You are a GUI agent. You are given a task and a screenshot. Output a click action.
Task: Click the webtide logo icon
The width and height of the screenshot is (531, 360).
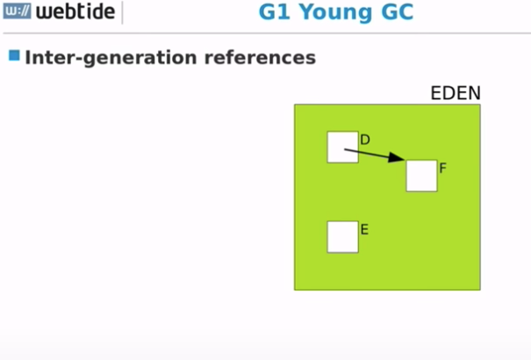[18, 13]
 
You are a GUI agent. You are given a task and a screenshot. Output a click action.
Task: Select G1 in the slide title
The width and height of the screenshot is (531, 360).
[276, 13]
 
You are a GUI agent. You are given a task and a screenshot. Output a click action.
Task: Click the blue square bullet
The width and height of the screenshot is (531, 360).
[14, 56]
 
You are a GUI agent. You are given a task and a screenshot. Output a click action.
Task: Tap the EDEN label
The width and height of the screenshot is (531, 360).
[455, 93]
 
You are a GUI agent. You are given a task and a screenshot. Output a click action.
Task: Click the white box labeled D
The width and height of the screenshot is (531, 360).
[342, 147]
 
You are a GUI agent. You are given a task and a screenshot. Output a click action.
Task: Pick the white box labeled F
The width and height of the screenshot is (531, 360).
[421, 176]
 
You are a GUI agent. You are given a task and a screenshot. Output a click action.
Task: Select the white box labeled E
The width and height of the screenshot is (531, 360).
[342, 236]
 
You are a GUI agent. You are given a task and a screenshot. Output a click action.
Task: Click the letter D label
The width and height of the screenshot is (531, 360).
[365, 140]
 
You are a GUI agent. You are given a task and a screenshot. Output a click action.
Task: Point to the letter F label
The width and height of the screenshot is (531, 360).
[443, 167]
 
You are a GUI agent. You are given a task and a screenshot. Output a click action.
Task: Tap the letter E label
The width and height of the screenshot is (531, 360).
[364, 230]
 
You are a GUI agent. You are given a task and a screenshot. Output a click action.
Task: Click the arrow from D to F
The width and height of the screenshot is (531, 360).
[373, 155]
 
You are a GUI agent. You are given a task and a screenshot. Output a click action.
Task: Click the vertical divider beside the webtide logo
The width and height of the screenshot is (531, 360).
[122, 13]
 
